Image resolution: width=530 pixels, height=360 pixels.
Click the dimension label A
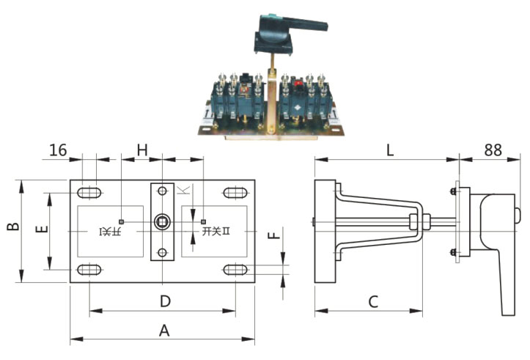pyautogui.click(x=164, y=330)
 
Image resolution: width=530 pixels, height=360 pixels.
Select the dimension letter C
pyautogui.click(x=373, y=301)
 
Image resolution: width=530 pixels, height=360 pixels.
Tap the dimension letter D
pyautogui.click(x=165, y=301)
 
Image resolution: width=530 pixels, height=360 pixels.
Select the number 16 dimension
pyautogui.click(x=58, y=150)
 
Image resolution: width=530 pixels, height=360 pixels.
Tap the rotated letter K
pyautogui.click(x=183, y=191)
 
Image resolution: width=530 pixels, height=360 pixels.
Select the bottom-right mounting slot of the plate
pyautogui.click(x=235, y=270)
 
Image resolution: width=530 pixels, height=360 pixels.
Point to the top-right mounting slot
pyautogui.click(x=235, y=193)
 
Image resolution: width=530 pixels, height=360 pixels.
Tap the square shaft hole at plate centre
pyautogui.click(x=162, y=221)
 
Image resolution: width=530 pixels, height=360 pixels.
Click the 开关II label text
pyautogui.click(x=216, y=232)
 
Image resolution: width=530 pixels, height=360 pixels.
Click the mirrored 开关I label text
pyautogui.click(x=111, y=232)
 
